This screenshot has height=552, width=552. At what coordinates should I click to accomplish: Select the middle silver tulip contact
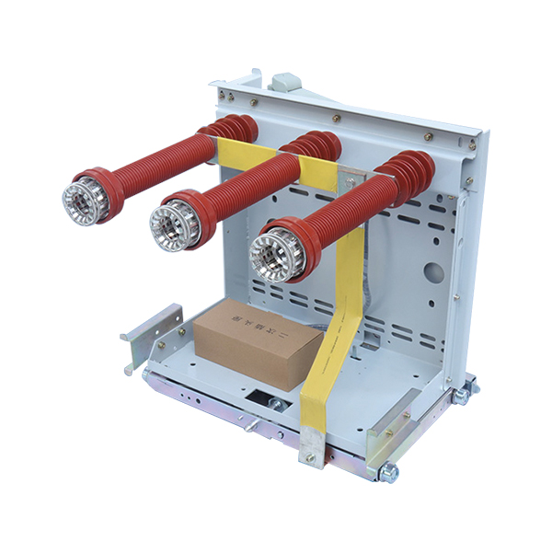click(x=171, y=223)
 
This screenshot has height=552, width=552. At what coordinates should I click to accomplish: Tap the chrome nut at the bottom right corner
click(x=390, y=474)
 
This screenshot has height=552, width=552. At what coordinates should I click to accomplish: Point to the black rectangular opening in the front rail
click(x=256, y=401)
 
